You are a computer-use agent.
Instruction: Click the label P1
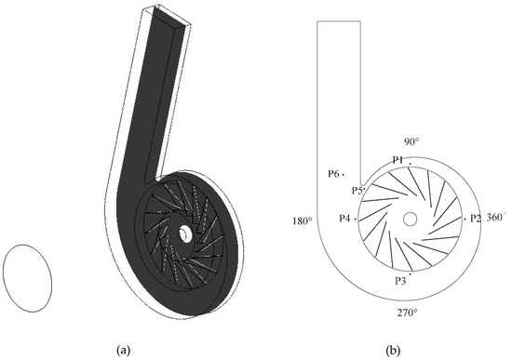(x=397, y=160)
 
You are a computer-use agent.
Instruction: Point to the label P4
(x=344, y=218)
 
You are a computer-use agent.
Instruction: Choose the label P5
(x=357, y=190)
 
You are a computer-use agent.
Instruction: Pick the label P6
(x=332, y=174)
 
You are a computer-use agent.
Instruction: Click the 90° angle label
(x=410, y=141)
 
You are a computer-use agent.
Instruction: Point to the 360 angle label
(x=494, y=217)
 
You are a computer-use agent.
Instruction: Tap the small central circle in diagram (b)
(x=411, y=218)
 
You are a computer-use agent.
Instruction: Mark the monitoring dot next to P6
(x=344, y=174)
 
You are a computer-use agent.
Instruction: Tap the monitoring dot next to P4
(x=357, y=218)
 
